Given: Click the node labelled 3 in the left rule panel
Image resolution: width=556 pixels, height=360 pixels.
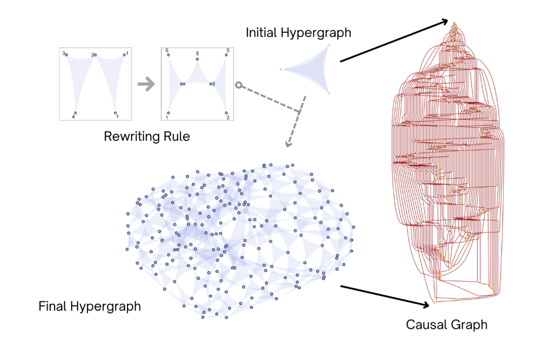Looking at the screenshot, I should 66,55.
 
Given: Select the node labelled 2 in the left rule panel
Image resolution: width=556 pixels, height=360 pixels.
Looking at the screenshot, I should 96,55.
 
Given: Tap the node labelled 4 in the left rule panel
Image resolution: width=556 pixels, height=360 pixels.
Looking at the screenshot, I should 75,113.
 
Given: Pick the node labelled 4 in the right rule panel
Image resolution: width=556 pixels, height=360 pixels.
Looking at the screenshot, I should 183,84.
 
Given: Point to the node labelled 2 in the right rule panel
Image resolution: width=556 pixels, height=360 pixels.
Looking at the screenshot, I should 226,113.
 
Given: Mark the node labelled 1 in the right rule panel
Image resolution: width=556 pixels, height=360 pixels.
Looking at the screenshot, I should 168,113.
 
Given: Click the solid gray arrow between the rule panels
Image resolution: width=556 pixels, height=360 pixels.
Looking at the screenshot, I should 145,84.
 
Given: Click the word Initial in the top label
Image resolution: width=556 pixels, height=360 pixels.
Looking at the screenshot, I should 262,32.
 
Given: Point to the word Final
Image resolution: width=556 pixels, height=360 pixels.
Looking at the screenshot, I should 52,306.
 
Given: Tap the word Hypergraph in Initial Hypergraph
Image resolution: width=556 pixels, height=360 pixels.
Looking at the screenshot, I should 317,32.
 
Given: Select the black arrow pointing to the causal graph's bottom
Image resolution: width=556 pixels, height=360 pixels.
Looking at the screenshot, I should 385,296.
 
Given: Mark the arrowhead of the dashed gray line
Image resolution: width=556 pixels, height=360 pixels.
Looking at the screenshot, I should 288,143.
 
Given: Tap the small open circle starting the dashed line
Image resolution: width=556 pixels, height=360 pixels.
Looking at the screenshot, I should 238,85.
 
